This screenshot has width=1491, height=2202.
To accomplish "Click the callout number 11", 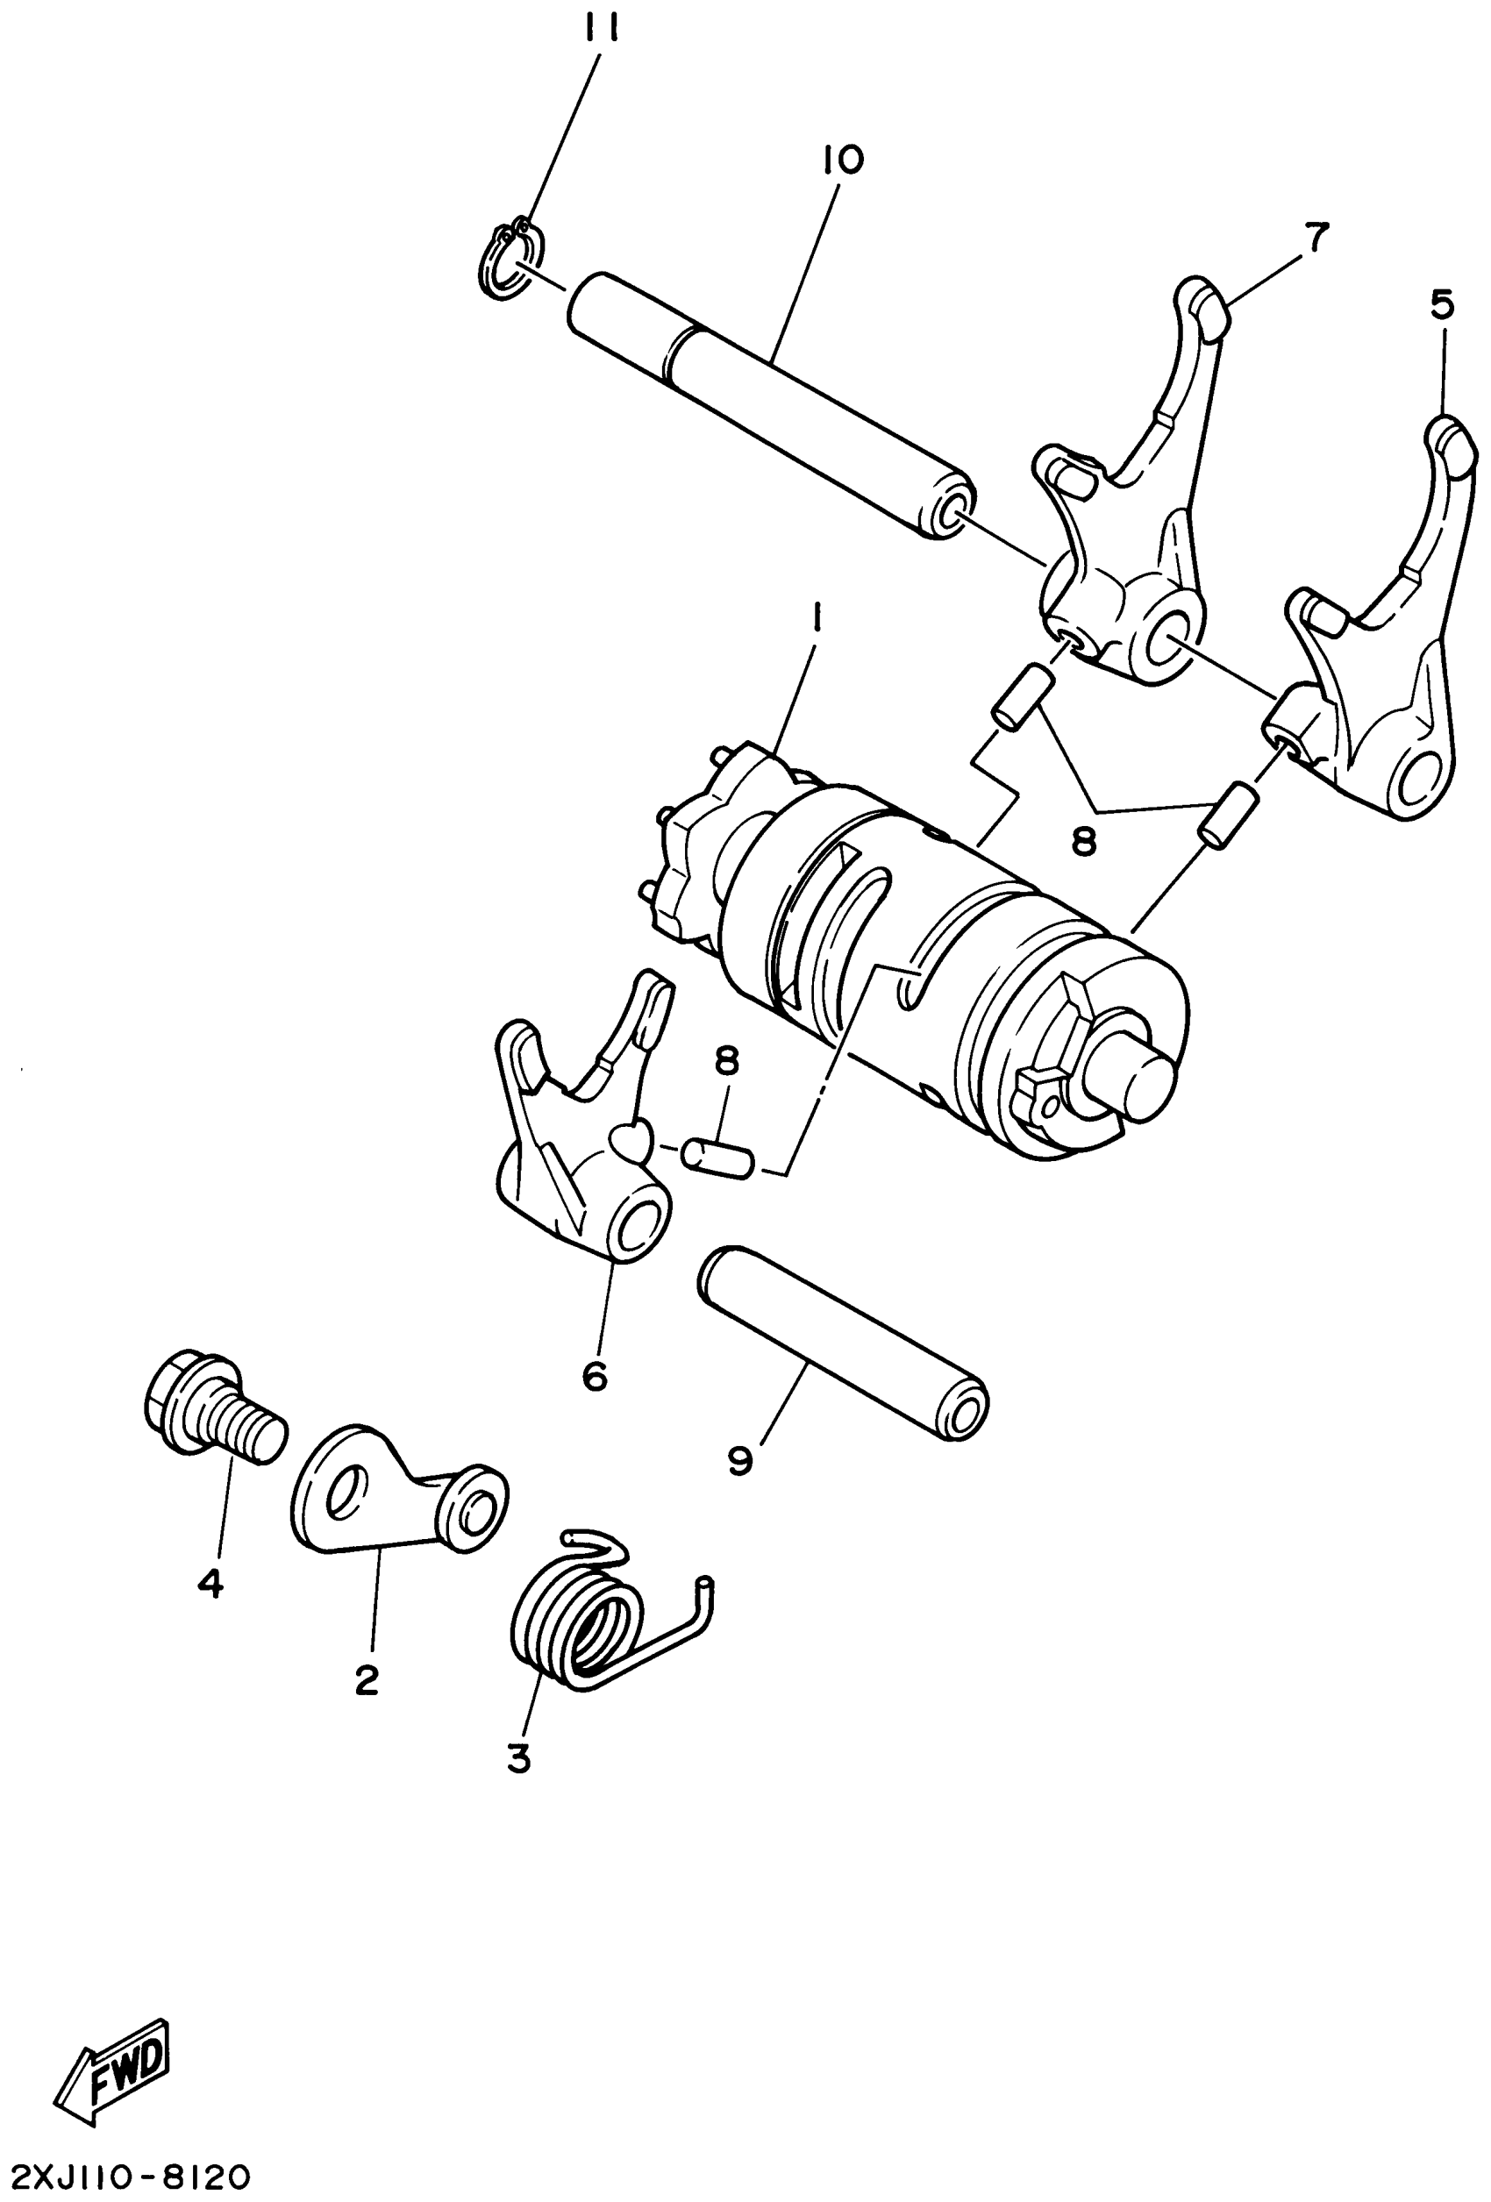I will click(602, 32).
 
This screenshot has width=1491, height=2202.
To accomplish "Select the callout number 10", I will click(843, 160).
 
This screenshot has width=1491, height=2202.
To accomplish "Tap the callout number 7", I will click(1316, 236).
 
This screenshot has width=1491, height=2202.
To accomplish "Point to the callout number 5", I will click(1442, 305).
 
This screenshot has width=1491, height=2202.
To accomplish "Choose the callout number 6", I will click(595, 1376).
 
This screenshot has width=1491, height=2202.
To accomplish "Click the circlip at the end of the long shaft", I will click(508, 260).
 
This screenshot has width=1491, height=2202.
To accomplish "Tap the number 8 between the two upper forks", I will click(1082, 839).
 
